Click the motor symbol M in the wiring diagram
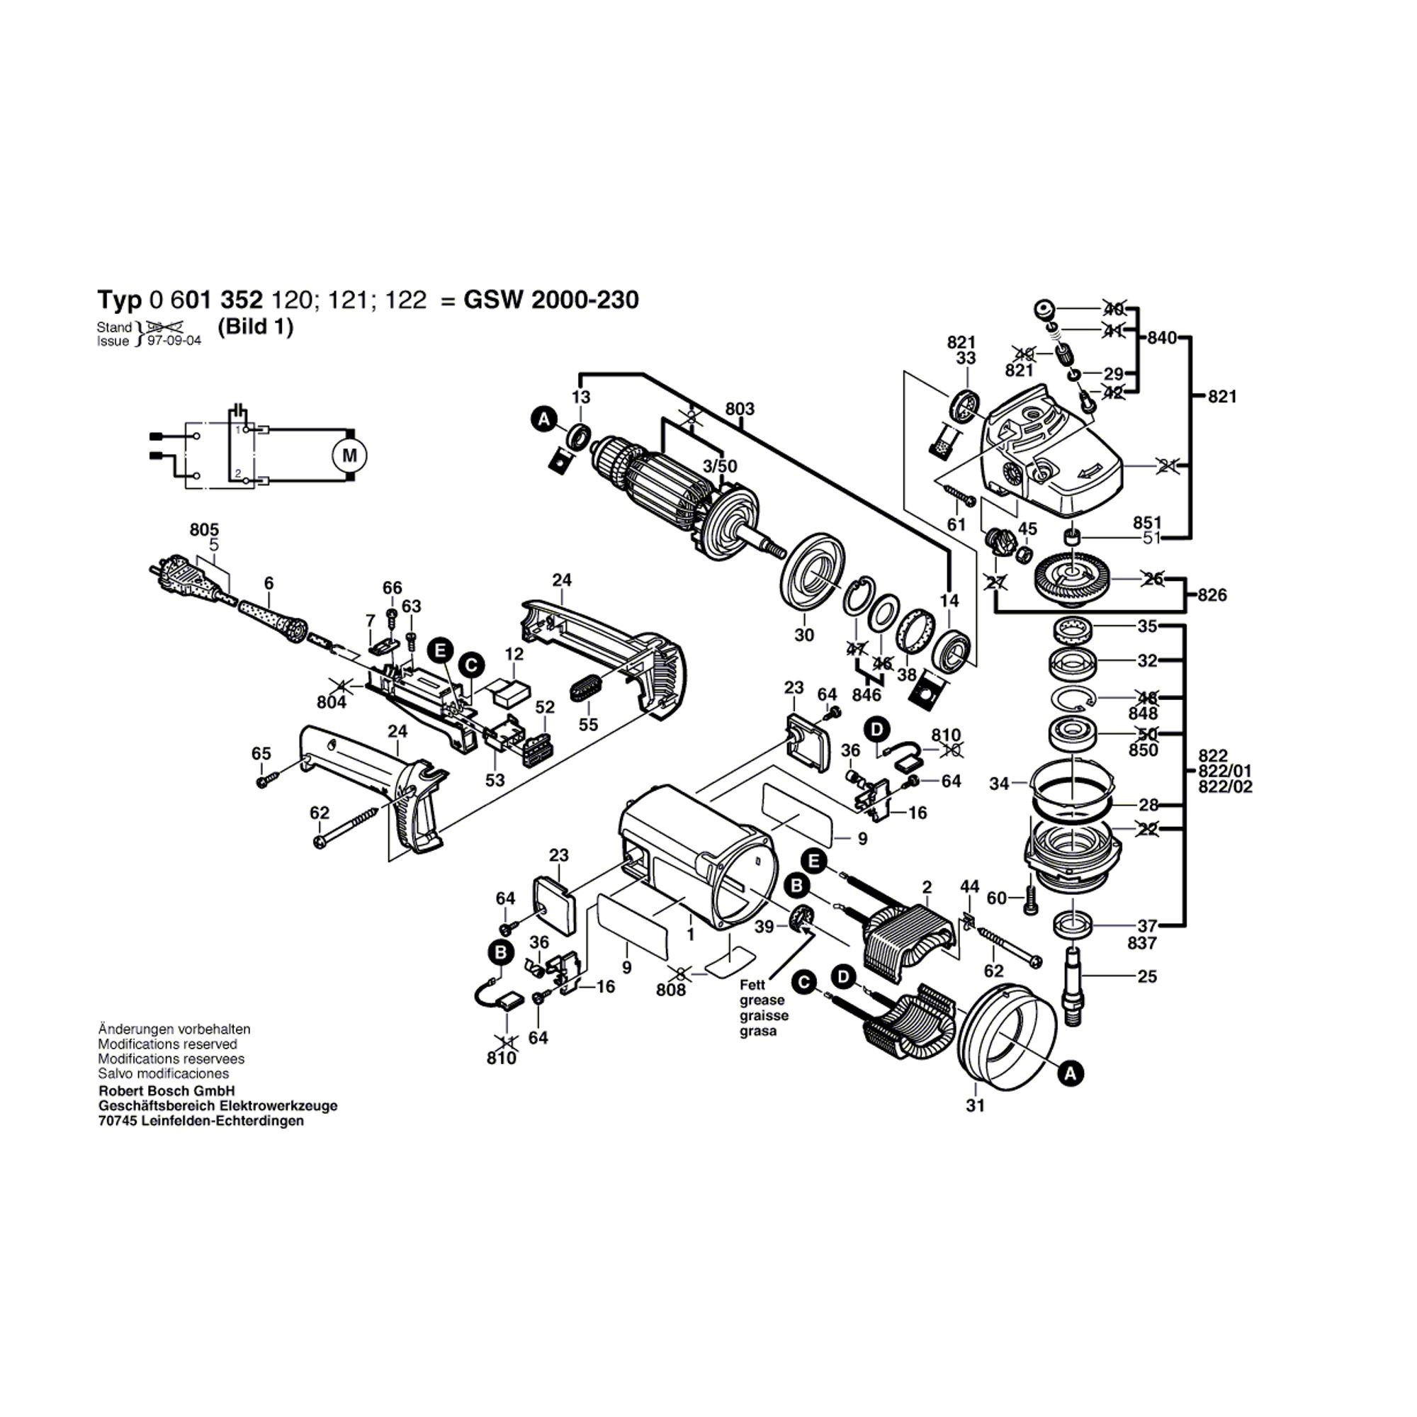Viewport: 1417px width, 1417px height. (350, 456)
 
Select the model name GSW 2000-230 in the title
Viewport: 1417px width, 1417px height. (551, 300)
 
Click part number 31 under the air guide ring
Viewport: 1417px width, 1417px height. (975, 1105)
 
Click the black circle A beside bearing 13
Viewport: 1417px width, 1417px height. (543, 419)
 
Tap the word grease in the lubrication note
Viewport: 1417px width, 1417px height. (762, 1000)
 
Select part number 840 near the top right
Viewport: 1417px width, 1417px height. (1163, 338)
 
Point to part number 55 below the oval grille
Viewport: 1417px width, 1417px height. (588, 725)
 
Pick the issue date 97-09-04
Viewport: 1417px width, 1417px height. (174, 341)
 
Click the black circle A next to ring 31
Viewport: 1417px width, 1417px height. (1071, 1075)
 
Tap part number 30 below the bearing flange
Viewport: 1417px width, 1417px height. (804, 634)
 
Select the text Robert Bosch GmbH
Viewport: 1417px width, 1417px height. (166, 1091)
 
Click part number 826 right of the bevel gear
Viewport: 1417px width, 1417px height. (1212, 595)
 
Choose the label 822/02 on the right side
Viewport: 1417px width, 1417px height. (1225, 787)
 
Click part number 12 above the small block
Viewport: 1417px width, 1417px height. (514, 653)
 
